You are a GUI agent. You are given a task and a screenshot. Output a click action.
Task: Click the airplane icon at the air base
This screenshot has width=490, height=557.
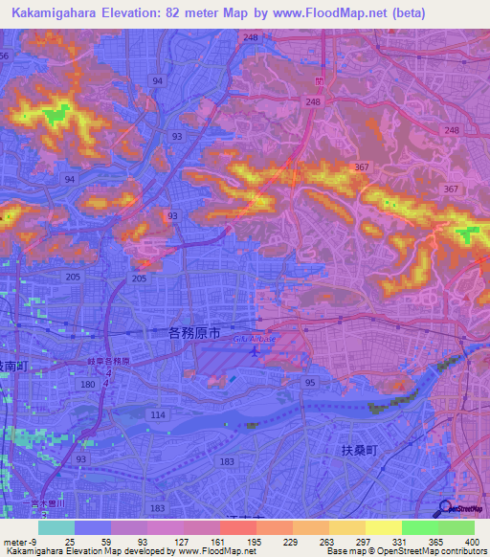point(255,352)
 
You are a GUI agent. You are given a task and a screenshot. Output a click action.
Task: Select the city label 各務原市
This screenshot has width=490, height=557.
point(194,332)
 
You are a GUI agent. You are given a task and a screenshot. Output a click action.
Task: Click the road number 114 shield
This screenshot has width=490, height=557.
point(157,415)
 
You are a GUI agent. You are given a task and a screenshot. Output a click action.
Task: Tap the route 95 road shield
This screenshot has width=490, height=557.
point(310,383)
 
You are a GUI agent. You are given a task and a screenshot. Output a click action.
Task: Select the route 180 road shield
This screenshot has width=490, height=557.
point(88,384)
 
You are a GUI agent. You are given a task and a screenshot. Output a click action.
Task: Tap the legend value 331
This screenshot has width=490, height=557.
point(398,542)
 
